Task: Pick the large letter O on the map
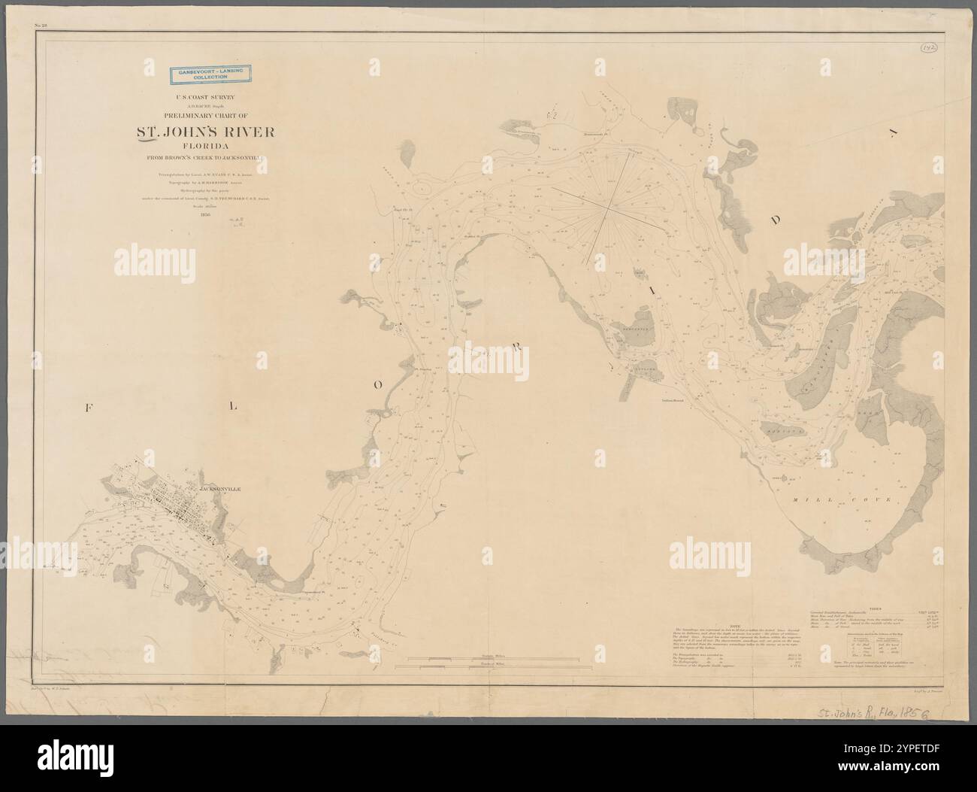tap(380, 384)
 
